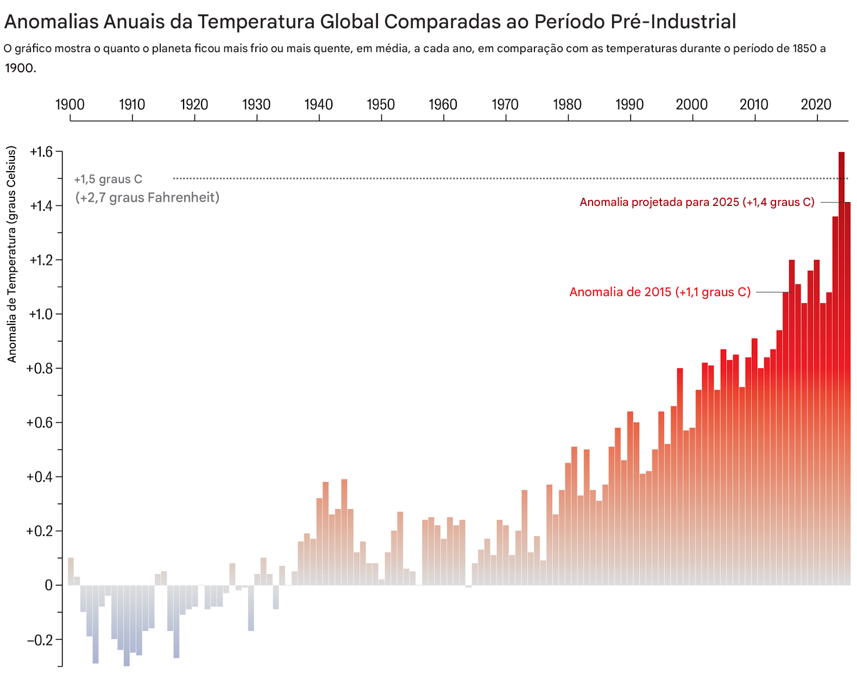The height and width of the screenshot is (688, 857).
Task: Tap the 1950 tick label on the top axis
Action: pos(381,104)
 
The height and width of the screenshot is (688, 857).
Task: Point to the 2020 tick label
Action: pos(816,104)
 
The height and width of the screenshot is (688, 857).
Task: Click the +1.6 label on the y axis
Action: pos(41,152)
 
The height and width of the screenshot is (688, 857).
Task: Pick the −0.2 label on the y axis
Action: pos(40,640)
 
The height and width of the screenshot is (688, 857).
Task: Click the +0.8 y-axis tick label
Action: pos(40,368)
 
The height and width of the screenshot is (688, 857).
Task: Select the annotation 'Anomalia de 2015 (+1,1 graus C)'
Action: pos(660,292)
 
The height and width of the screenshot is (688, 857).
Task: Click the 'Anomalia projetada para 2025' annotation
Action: pos(697,202)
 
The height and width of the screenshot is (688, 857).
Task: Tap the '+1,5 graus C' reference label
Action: pos(108,179)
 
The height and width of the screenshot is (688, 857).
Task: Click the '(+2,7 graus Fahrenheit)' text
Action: pos(147,197)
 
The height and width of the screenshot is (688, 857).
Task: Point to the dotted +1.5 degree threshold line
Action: pos(489,178)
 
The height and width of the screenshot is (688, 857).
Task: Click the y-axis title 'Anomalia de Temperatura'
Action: pos(12,254)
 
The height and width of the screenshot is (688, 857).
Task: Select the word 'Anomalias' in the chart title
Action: pos(52,22)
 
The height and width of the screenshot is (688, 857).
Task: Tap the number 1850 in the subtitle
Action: pos(804,48)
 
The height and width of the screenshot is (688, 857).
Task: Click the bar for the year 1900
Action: pos(71,571)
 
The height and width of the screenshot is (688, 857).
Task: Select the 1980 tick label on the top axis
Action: pos(567,104)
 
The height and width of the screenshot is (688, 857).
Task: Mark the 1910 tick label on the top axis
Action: pos(132,104)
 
